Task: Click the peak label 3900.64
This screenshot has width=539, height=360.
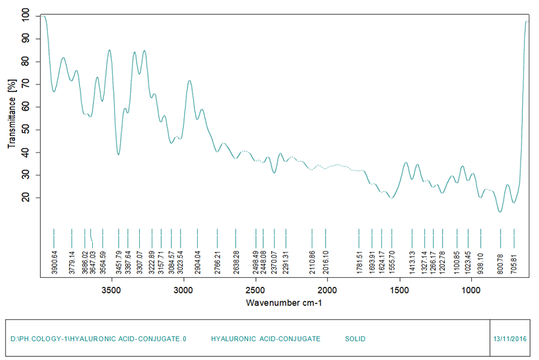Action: click(x=54, y=263)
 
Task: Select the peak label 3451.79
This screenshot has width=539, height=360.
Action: click(x=119, y=263)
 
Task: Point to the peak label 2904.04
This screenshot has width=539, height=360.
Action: click(x=197, y=263)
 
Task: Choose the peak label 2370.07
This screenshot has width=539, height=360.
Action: click(x=274, y=263)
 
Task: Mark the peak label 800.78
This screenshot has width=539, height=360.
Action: click(x=500, y=263)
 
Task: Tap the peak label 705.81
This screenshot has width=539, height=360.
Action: click(x=514, y=263)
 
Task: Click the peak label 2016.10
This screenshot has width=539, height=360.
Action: click(x=325, y=263)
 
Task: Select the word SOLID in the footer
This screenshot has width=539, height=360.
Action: click(x=355, y=339)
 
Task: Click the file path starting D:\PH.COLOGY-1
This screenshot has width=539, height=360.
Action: click(x=98, y=339)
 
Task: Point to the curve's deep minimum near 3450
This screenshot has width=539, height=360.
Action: click(x=119, y=155)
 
